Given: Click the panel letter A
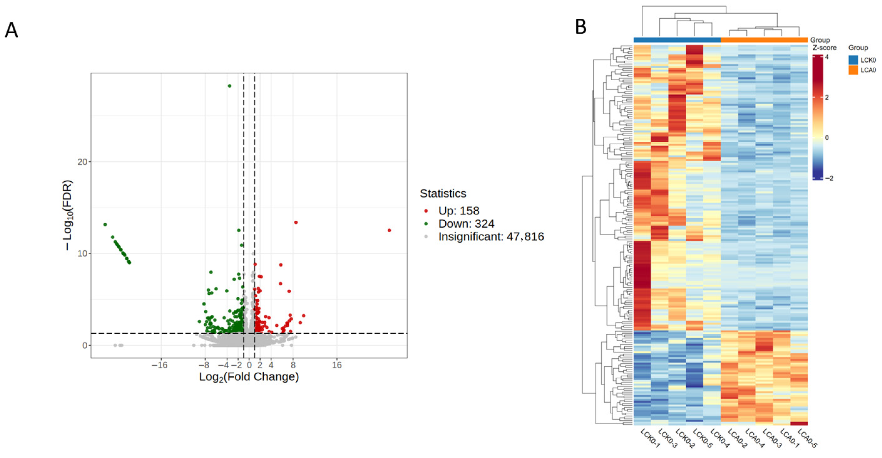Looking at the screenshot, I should tap(11, 30).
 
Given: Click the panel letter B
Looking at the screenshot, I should tap(580, 27).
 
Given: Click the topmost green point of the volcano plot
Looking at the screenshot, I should tap(229, 86).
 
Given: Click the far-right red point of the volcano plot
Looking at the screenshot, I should tap(389, 230).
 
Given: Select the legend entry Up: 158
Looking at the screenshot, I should tap(459, 211).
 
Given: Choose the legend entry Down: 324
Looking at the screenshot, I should tap(466, 224).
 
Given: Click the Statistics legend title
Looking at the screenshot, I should tap(443, 194).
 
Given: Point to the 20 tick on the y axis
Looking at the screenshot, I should tap(82, 162).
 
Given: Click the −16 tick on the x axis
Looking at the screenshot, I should tap(160, 365).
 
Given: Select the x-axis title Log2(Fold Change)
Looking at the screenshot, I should tap(249, 377).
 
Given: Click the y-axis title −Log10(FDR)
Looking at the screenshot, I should tap(69, 215).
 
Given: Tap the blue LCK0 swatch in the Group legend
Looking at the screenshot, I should tap(853, 60).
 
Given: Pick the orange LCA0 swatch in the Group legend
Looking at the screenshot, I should tap(853, 70).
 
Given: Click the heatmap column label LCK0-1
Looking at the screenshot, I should tap(650, 438).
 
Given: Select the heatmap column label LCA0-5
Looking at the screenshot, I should tap(807, 438).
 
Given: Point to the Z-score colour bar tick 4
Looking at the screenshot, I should tap(827, 57).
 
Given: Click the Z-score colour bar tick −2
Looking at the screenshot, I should tap(829, 178).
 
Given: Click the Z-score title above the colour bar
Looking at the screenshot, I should tap(824, 48).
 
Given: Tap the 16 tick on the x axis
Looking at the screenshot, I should tap(336, 365).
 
